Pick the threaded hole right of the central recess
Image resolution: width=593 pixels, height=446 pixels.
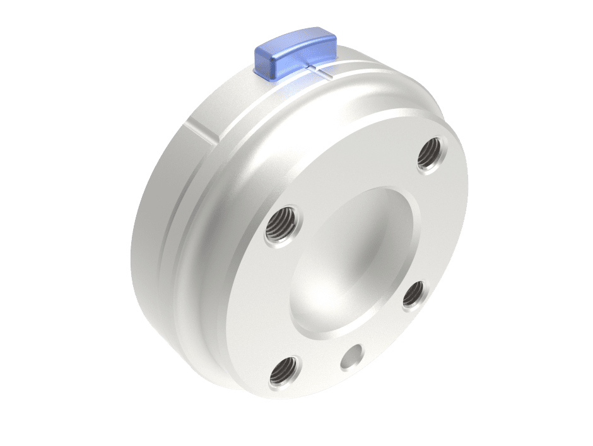point(414,294)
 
